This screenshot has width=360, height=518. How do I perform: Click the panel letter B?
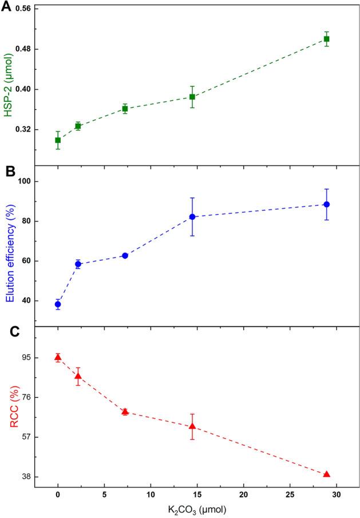[6, 171]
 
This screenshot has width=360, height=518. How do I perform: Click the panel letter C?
[6, 333]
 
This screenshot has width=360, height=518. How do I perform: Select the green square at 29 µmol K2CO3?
[327, 39]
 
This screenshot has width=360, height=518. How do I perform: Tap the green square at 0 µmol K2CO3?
[58, 140]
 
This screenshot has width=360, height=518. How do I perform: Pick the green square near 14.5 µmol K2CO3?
[192, 97]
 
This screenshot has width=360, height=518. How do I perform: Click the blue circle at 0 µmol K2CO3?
[58, 304]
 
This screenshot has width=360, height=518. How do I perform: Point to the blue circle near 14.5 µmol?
[192, 217]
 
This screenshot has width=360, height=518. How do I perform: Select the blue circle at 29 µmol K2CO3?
[327, 204]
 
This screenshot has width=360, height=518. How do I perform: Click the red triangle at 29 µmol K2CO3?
[327, 474]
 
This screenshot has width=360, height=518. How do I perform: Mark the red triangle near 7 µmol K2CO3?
[125, 412]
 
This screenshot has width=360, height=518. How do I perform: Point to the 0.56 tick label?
[20, 9]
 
